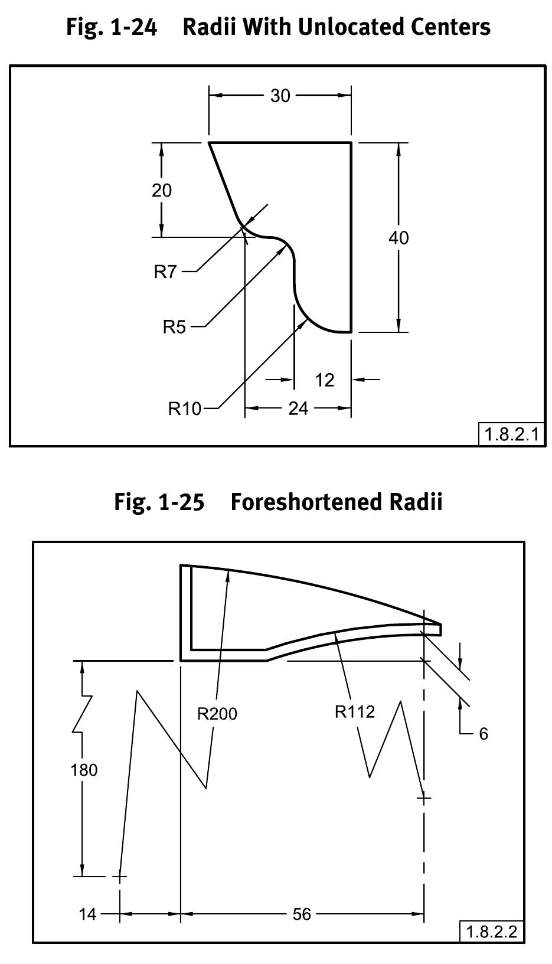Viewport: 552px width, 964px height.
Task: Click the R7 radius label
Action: (165, 272)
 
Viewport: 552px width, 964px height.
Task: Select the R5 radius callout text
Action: (174, 326)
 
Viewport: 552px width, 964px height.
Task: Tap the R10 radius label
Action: (185, 409)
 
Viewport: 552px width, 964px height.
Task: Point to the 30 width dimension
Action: (280, 96)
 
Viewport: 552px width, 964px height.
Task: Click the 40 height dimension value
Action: (399, 238)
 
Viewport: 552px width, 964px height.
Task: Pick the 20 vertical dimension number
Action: (162, 191)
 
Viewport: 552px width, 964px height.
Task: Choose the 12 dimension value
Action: (325, 380)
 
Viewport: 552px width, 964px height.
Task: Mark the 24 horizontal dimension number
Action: (298, 409)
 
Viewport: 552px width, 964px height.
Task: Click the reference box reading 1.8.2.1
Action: (511, 435)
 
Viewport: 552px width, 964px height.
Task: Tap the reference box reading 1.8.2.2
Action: (492, 932)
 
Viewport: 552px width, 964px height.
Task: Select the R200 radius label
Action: (217, 714)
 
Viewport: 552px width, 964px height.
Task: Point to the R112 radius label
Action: (355, 712)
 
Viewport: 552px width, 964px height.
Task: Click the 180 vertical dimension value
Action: (84, 770)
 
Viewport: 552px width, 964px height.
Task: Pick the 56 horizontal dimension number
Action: (302, 914)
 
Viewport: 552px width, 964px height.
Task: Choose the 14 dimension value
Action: (87, 914)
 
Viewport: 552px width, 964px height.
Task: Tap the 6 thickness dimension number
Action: (484, 734)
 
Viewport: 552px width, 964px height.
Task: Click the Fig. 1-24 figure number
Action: (112, 27)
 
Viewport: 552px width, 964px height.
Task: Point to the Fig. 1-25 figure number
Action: (159, 502)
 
